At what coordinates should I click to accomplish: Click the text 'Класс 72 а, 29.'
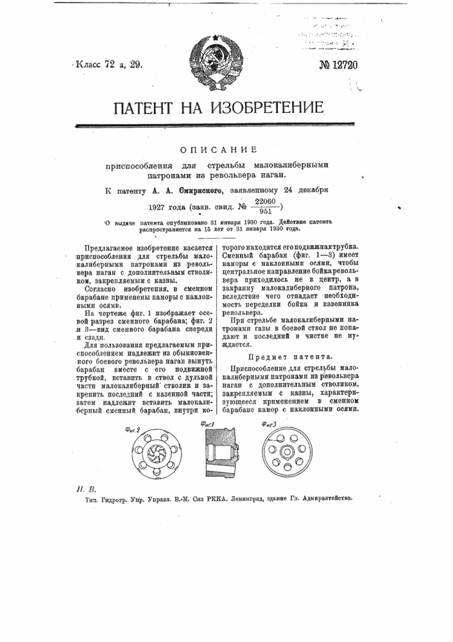(x=107, y=64)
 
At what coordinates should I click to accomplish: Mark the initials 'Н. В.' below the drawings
(x=82, y=488)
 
